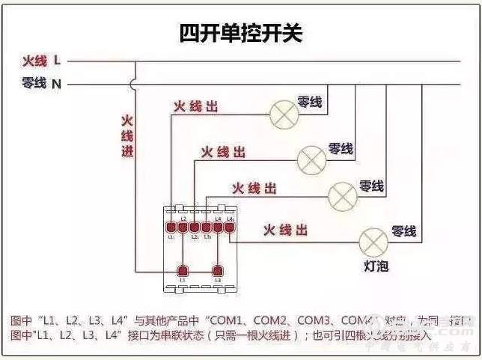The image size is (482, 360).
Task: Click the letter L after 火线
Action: coord(57,60)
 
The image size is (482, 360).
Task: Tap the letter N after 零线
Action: coord(56,84)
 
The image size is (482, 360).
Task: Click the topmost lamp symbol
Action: coord(283,112)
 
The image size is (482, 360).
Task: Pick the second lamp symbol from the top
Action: coord(312,159)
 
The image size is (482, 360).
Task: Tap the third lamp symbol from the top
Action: coord(343,196)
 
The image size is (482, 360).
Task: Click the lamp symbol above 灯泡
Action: coord(373,241)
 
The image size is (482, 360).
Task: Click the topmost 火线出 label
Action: coord(195,108)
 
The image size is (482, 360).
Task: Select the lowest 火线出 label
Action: coord(284,229)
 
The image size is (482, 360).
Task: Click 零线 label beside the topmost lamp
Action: coord(310,102)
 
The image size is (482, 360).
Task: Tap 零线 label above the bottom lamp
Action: coord(403,231)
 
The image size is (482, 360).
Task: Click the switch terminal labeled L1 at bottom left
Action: coord(181,270)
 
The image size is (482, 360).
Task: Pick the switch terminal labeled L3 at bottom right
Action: coord(218,270)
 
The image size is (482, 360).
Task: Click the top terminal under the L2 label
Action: coord(183,226)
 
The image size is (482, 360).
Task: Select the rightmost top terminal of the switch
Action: coord(230,226)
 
